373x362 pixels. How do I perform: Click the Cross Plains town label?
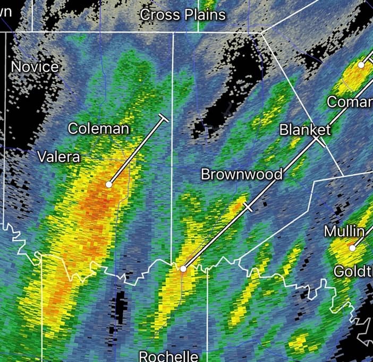[183, 15]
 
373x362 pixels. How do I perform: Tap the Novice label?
[35, 67]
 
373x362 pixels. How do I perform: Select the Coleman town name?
[98, 128]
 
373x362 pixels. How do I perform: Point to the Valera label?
[58, 157]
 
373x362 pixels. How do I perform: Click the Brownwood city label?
[241, 174]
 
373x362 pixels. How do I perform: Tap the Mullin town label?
[344, 231]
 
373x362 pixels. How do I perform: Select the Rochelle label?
[168, 356]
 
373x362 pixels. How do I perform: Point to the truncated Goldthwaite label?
[353, 272]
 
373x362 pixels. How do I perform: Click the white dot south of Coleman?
[109, 185]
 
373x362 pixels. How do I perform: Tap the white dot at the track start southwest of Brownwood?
[183, 269]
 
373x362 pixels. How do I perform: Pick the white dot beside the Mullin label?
[352, 247]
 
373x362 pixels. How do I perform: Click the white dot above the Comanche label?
[361, 65]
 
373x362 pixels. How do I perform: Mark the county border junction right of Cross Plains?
[262, 32]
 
